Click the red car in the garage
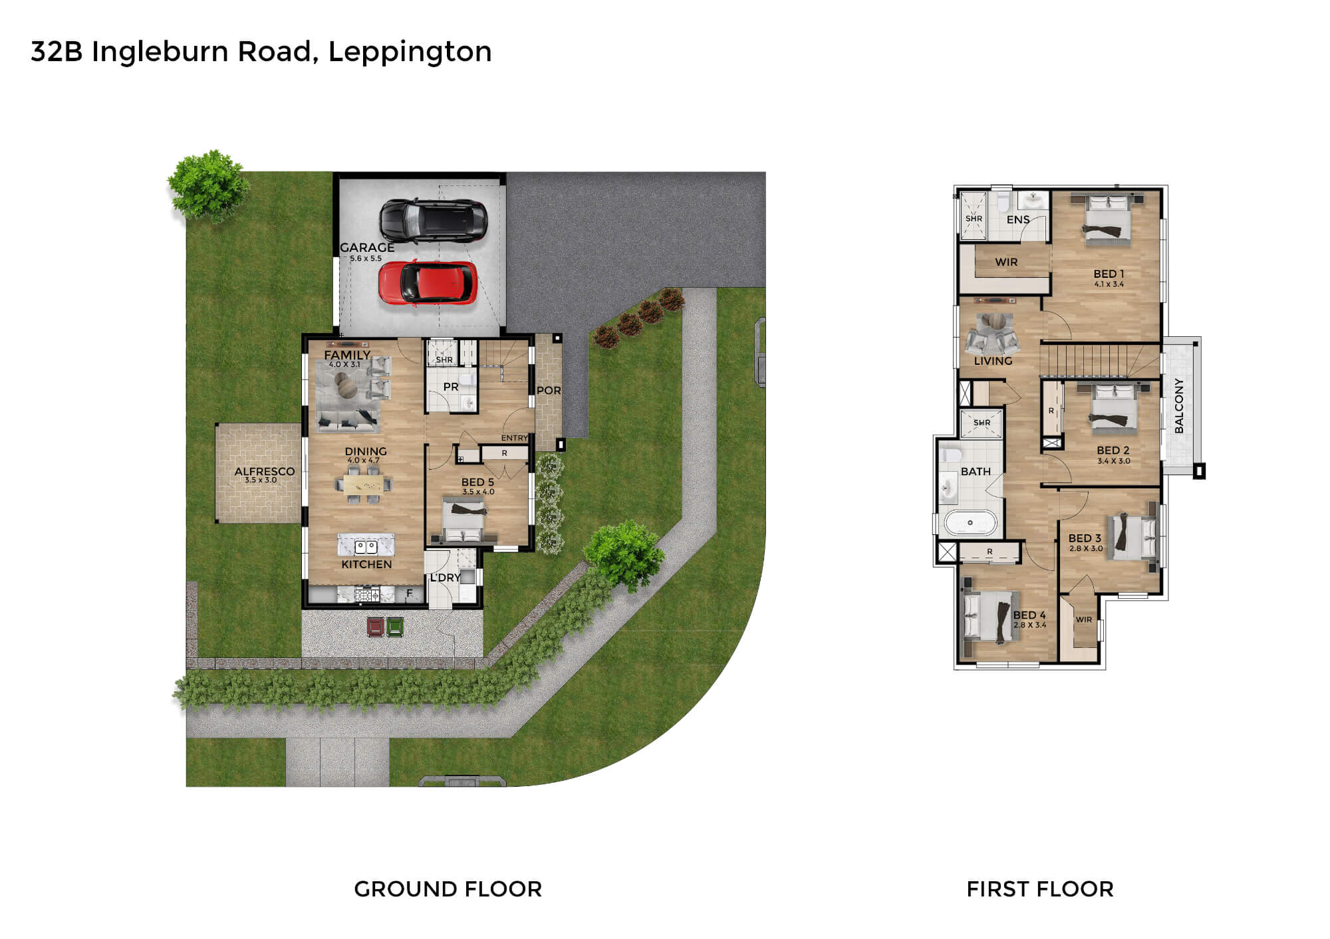tap(428, 283)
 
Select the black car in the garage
tap(434, 221)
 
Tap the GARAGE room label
tap(367, 247)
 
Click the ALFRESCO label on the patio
tap(265, 471)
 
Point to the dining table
tap(363, 482)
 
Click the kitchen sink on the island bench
tap(366, 547)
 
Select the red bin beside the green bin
tap(376, 627)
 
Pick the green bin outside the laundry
tap(395, 627)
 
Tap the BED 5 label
tap(477, 482)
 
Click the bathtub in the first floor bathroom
tap(970, 523)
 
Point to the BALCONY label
tap(1179, 406)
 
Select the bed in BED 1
tap(1108, 217)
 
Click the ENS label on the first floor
tap(1018, 219)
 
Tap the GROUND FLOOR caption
tap(448, 889)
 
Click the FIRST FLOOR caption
tap(1040, 889)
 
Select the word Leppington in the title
tap(410, 52)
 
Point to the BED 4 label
tap(1029, 615)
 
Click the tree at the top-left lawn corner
tap(207, 185)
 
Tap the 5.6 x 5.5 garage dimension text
tap(366, 259)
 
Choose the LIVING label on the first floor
tap(993, 361)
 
